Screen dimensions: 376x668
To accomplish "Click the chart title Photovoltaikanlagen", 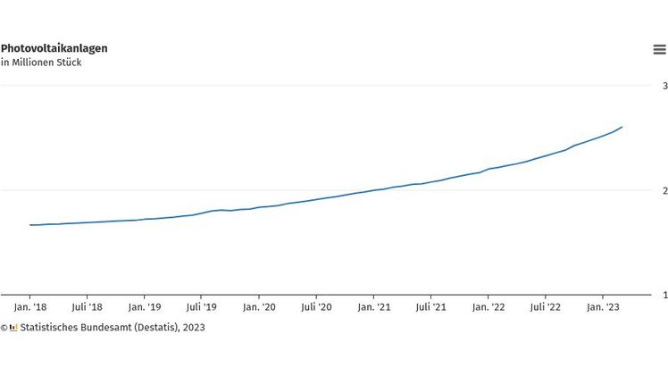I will tap(54, 48).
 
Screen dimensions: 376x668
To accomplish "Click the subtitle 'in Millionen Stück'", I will tap(41, 63).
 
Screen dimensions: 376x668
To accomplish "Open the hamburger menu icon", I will tap(659, 49).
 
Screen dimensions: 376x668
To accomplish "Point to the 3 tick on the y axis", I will tap(664, 87).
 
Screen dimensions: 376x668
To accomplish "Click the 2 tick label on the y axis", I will tap(664, 191).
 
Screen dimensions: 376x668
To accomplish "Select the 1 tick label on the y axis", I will tap(664, 295).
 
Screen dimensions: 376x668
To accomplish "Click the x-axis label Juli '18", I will tap(87, 306).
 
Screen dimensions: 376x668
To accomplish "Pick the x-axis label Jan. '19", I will tap(144, 306).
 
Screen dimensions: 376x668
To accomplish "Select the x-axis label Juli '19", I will tap(201, 306).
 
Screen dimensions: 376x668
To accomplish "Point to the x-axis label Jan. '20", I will tap(258, 306).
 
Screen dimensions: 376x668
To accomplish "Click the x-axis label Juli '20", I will tap(316, 306).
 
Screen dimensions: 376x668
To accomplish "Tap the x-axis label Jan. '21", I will tap(373, 306).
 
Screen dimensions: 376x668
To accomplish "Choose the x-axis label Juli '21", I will tap(430, 306).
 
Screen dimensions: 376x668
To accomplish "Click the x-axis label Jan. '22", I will tap(488, 306).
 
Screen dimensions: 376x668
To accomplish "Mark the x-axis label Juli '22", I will tap(545, 306).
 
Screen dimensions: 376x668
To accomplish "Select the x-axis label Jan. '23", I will tap(602, 306).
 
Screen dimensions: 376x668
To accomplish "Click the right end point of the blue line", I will tap(622, 127).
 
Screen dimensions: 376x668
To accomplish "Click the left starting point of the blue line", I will tap(30, 225).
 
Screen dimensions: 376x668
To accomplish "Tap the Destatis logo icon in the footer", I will tap(13, 328).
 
